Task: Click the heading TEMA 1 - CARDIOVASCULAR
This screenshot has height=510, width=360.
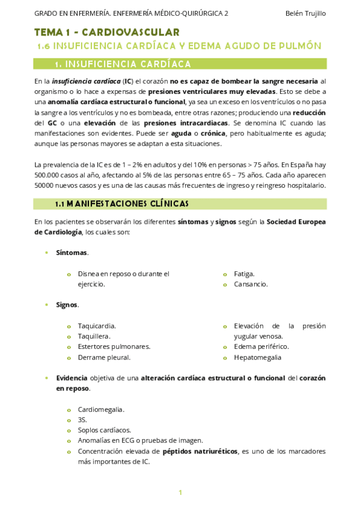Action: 106,32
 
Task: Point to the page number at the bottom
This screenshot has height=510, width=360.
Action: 180,493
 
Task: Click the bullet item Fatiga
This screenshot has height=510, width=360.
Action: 244,273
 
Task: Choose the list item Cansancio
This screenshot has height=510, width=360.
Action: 251,284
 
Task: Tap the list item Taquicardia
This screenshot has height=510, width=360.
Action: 97,325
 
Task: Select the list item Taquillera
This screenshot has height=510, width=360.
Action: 94,336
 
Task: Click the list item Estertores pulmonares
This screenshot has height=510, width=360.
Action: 114,346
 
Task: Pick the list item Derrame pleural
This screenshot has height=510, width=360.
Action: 104,357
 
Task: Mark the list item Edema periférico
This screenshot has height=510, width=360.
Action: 261,346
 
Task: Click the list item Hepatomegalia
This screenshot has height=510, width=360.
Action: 258,357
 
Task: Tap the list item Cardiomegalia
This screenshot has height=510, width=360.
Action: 101,410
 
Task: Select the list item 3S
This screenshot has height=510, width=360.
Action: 82,420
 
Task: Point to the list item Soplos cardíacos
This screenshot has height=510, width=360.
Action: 104,430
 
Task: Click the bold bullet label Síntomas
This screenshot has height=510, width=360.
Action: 72,253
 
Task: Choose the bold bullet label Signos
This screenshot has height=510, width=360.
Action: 67,305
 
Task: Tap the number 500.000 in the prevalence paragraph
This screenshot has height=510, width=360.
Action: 49,174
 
